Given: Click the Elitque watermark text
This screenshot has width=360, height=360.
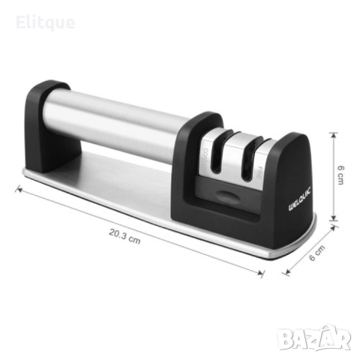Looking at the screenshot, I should (x=46, y=22).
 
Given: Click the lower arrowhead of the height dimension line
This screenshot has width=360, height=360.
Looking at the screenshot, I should (x=334, y=223).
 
